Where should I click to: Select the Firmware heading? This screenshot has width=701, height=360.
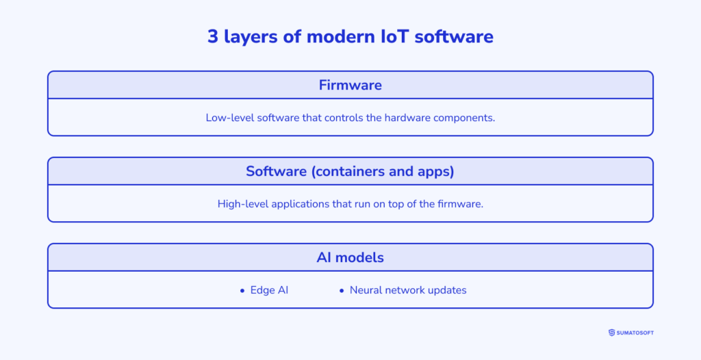pos(350,86)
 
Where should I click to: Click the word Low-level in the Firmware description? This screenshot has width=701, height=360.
pos(228,118)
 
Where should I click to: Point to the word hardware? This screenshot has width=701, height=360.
pos(407,118)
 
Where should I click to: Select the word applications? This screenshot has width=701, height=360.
pos(299,204)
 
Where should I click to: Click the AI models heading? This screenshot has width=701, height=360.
pos(350,258)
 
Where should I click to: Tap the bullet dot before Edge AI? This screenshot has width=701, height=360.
pos(242,291)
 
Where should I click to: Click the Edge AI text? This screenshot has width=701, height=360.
pos(269,290)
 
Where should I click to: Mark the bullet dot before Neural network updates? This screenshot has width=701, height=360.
pos(342,291)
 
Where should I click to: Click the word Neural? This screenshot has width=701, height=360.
pos(366,290)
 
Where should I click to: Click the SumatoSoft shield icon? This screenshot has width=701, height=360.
pos(611,333)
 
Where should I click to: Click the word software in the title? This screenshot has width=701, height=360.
pos(458,36)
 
